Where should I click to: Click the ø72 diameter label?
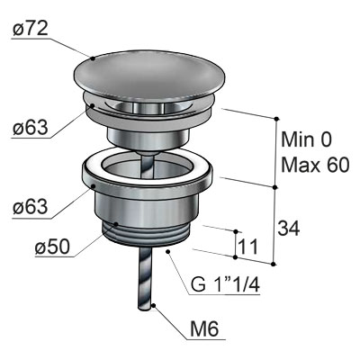30,30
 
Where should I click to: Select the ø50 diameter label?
52,247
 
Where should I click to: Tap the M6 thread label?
204,329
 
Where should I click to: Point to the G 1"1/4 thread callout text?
225,284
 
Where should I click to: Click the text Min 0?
307,139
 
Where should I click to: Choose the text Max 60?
315,165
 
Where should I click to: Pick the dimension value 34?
289,229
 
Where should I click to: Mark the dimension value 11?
247,247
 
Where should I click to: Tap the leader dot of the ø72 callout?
93,58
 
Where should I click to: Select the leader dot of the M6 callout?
154,306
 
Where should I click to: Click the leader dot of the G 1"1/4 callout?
167,251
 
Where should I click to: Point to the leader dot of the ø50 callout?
116,224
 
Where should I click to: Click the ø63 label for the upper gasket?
30,128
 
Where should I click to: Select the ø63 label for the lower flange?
30,207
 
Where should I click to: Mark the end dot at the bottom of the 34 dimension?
273,264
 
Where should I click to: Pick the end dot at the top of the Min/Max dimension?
276,119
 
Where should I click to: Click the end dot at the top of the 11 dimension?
236,231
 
